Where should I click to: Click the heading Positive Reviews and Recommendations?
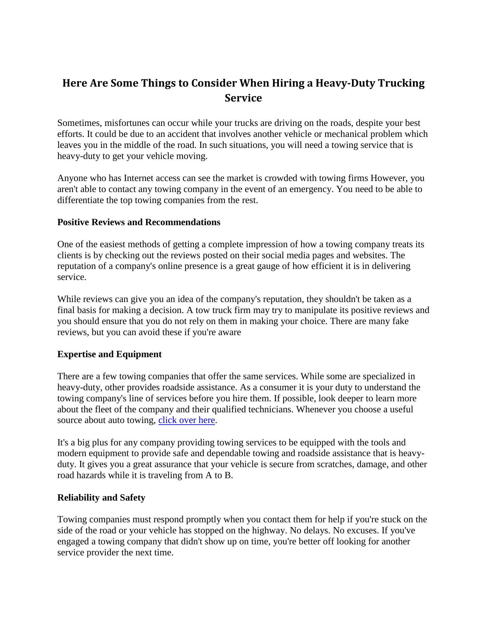tap(139, 222)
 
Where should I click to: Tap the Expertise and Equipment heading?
tap(109, 354)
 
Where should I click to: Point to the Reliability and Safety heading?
tap(101, 498)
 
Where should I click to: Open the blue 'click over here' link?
tap(186, 420)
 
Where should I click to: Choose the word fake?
tap(400, 321)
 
